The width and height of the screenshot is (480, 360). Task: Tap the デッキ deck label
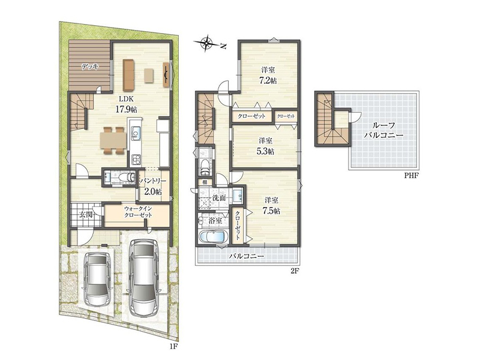click(89, 66)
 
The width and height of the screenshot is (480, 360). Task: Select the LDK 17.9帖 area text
click(126, 104)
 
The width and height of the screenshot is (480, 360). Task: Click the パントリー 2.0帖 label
click(153, 187)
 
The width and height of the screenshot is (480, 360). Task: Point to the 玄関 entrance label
click(86, 214)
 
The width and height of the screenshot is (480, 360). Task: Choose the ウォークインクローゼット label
click(138, 212)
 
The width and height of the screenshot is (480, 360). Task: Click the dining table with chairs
click(113, 140)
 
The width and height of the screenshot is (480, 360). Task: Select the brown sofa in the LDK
click(128, 74)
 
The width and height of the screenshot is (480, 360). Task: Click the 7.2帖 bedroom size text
click(268, 80)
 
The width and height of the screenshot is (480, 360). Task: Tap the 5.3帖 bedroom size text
click(266, 151)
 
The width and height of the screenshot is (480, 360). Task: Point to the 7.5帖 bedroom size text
click(271, 211)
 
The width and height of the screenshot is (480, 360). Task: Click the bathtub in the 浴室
click(213, 238)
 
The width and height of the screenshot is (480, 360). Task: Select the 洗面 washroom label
click(219, 198)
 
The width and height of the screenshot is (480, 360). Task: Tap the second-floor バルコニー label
click(247, 256)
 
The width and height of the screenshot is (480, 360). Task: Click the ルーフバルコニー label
click(383, 130)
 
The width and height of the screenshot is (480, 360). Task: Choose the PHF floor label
click(411, 176)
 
